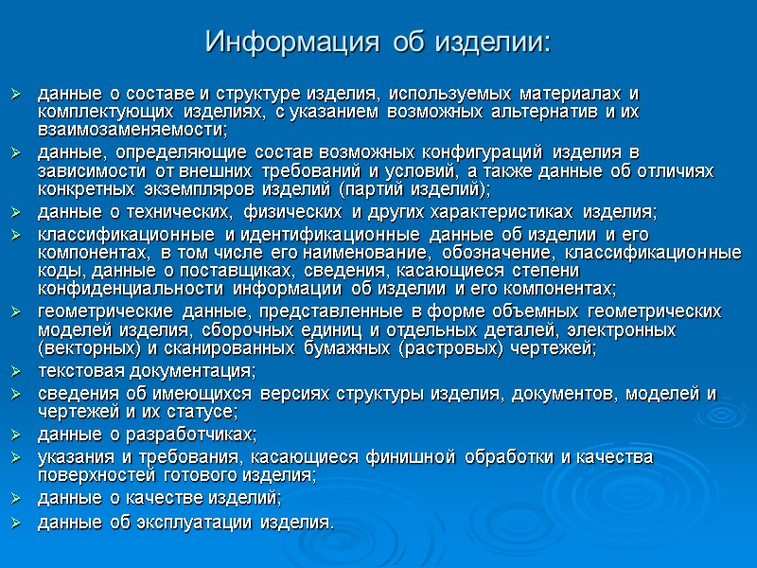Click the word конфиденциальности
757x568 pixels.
pos(132,288)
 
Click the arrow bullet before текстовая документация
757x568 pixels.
pos(15,371)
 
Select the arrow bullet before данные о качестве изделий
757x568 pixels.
pos(15,499)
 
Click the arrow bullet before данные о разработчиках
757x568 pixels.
pos(15,435)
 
